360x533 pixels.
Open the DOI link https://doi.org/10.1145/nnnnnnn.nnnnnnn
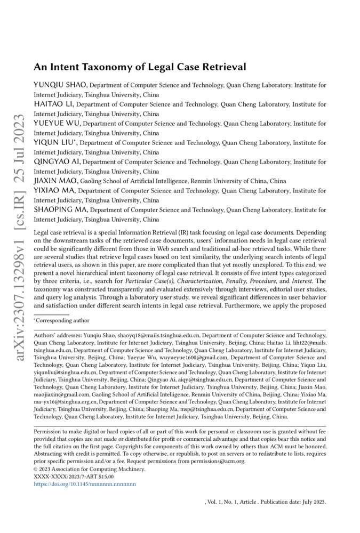coord(85,484)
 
